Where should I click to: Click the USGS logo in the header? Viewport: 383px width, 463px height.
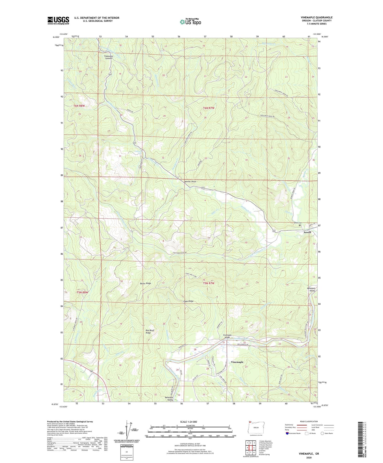[x=58, y=20]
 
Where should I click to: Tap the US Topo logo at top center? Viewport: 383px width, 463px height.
[x=190, y=22]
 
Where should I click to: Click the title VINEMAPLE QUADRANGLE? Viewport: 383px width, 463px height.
[x=316, y=18]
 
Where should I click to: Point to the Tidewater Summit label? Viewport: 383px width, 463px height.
[x=107, y=57]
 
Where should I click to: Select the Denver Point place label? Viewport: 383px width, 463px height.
[x=190, y=181]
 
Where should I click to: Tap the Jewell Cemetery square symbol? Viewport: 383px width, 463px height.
[x=300, y=225]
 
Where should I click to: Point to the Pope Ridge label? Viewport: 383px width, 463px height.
[x=188, y=301]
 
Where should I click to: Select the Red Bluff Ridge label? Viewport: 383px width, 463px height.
[x=150, y=331]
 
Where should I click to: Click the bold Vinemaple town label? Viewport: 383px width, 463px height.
[x=237, y=362]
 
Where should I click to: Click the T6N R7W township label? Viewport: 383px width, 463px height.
[x=208, y=108]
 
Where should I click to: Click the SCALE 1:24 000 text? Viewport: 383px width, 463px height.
[x=190, y=422]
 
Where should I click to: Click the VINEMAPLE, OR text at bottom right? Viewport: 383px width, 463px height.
[x=309, y=454]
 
